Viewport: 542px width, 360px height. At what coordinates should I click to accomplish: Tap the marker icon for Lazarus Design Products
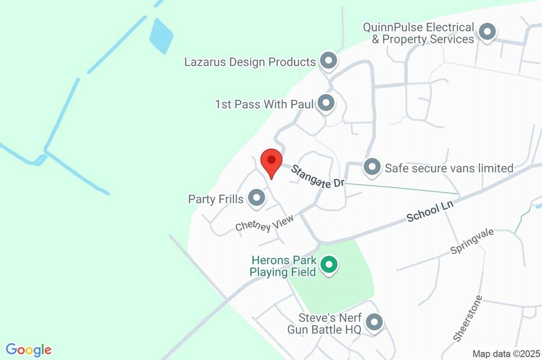pyautogui.click(x=329, y=61)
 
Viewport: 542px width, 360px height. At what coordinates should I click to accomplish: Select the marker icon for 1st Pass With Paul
pyautogui.click(x=326, y=103)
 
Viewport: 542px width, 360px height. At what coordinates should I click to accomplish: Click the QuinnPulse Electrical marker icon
pyautogui.click(x=486, y=32)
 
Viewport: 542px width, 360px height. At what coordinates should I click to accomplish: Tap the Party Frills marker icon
pyautogui.click(x=257, y=198)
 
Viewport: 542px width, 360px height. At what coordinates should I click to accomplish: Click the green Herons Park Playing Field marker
pyautogui.click(x=329, y=265)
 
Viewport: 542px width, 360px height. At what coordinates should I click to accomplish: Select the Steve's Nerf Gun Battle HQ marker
pyautogui.click(x=374, y=322)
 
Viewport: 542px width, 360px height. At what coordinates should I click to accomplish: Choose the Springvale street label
pyautogui.click(x=472, y=241)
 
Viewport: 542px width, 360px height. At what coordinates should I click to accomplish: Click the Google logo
pyautogui.click(x=29, y=350)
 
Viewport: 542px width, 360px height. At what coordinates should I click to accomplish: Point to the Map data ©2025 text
pyautogui.click(x=505, y=354)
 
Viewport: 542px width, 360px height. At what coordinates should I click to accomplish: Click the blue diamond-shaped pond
pyautogui.click(x=161, y=35)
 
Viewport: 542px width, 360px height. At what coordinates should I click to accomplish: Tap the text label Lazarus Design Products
pyautogui.click(x=250, y=62)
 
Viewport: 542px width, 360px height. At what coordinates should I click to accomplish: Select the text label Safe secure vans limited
pyautogui.click(x=449, y=168)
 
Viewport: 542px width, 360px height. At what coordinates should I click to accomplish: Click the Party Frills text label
pyautogui.click(x=215, y=199)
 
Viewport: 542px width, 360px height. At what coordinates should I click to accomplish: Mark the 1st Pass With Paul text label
pyautogui.click(x=260, y=104)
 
